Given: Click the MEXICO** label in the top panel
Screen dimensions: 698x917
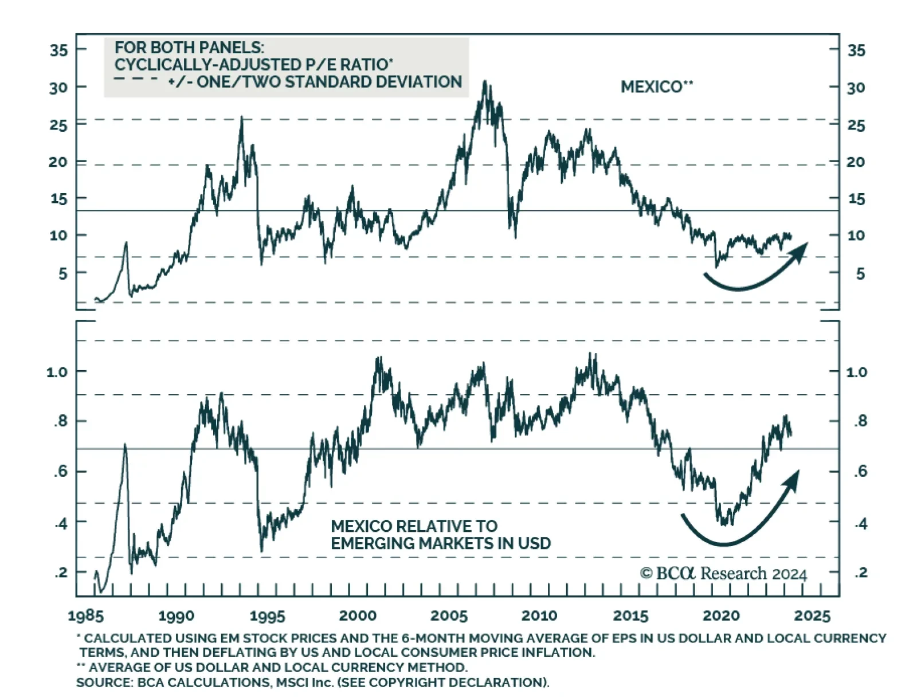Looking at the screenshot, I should (657, 87).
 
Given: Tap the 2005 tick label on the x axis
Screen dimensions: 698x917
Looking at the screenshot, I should (449, 616).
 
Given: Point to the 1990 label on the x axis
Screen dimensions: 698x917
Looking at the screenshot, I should (176, 616).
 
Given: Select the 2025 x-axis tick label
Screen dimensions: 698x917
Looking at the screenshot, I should (812, 616).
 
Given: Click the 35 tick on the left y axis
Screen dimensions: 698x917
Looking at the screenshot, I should (58, 50).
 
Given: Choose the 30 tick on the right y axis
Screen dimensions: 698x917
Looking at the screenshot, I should (856, 88).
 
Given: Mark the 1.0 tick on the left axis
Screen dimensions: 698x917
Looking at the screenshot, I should (57, 372).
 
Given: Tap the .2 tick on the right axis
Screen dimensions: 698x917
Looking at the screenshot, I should (860, 572).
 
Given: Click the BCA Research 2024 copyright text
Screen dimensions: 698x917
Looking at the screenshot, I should (723, 574).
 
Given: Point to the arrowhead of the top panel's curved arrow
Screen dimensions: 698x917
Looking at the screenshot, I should (802, 248).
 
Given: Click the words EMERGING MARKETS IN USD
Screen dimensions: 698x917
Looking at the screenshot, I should (440, 543).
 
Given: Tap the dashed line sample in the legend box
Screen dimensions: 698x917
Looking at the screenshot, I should (136, 79).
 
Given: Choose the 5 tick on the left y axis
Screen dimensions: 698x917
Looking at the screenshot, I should (62, 274).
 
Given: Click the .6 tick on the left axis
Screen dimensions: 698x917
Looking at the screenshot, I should (61, 472).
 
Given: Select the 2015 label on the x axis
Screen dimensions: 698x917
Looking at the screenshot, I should (630, 616).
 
